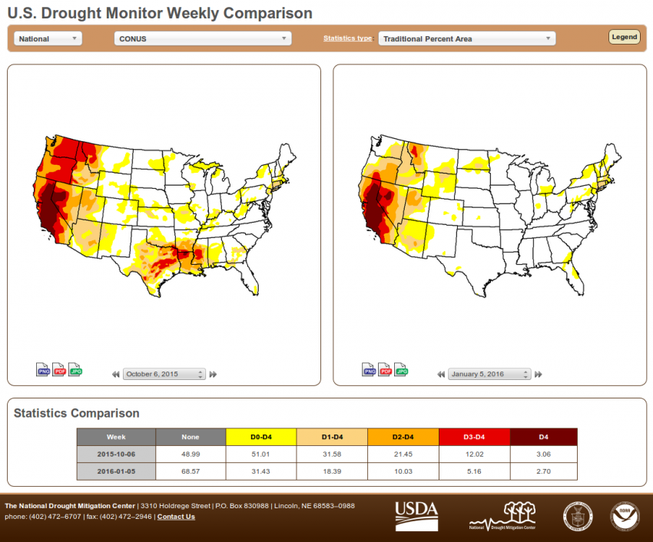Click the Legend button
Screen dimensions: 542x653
[x=624, y=37]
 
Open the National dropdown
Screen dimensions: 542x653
[x=48, y=38]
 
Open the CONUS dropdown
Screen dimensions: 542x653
[x=202, y=38]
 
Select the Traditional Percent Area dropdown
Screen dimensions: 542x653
[x=466, y=38]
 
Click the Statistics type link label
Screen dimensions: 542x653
[x=347, y=38]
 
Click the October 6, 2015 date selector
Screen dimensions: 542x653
[x=164, y=374]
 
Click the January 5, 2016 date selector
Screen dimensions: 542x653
[x=489, y=374]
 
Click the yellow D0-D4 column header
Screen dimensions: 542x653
[x=261, y=437]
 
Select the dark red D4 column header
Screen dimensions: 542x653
[x=543, y=437]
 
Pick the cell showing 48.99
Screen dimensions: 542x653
[x=191, y=454]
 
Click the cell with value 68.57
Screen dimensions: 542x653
[x=191, y=469]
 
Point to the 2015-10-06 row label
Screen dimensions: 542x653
[x=116, y=454]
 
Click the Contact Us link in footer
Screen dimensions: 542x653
[x=176, y=517]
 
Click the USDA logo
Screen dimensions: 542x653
[x=416, y=516]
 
